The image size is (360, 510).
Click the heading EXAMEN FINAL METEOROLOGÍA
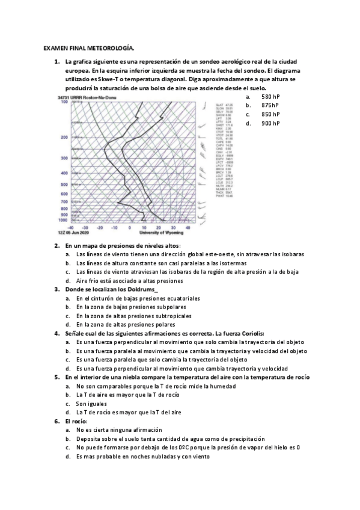89,48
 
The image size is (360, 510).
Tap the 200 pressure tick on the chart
64,138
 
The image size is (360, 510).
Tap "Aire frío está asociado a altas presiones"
130,280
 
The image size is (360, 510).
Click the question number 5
56,377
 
